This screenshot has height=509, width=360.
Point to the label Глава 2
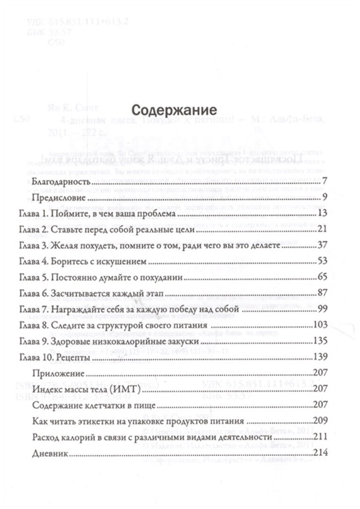[x=34, y=231]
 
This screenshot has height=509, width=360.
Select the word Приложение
[x=59, y=374]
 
